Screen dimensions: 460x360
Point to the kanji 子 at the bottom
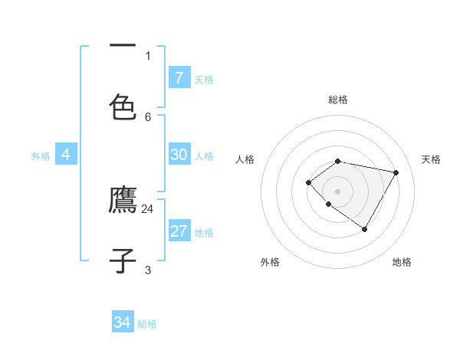tap(123, 260)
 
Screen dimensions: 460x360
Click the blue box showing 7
tap(179, 77)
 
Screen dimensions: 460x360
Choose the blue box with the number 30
tap(179, 155)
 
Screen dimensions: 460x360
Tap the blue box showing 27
tap(179, 231)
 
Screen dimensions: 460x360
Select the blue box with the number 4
tap(66, 155)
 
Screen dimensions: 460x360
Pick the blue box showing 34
tap(123, 322)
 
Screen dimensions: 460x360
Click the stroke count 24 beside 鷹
tap(148, 208)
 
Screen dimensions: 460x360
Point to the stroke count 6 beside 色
tap(148, 116)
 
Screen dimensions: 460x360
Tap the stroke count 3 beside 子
tap(148, 270)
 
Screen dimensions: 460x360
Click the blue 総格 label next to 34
tap(147, 324)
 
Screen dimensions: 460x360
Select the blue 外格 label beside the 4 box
tap(41, 156)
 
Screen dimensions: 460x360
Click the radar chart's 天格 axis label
tap(431, 159)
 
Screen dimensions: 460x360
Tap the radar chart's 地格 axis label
tap(402, 262)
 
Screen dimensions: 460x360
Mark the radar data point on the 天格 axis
tap(396, 172)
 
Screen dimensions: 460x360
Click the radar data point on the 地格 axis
tap(365, 229)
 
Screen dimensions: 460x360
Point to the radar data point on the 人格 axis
tap(308, 182)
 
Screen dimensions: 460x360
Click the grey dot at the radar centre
tap(337, 191)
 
